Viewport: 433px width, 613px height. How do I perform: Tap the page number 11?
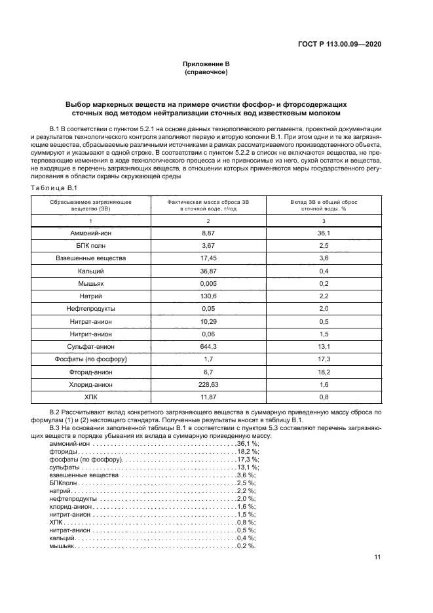pyautogui.click(x=377, y=557)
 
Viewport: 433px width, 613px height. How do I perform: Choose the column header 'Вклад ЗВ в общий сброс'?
pyautogui.click(x=323, y=203)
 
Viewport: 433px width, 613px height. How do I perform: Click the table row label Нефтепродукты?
pyautogui.click(x=91, y=308)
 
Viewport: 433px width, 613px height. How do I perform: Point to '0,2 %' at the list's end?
pyautogui.click(x=246, y=546)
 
